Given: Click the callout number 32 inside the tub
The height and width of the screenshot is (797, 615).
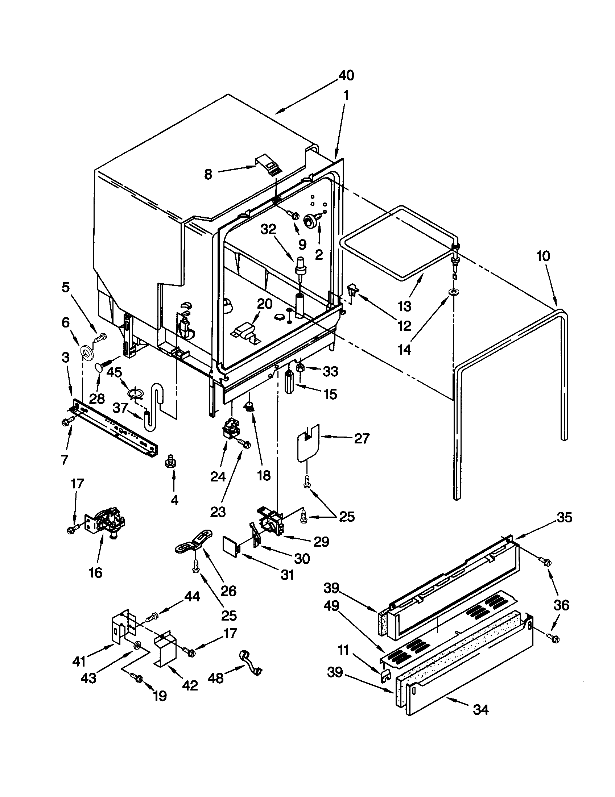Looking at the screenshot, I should pyautogui.click(x=268, y=230).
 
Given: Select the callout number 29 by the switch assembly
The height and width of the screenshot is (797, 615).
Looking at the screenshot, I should pyautogui.click(x=321, y=542).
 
